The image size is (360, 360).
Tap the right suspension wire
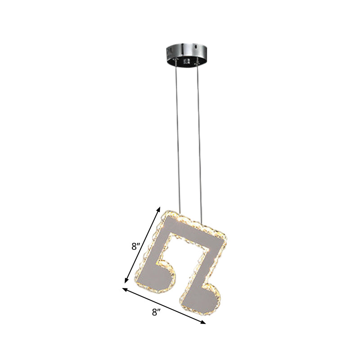point(198,135)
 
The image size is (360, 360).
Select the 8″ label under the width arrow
point(156,312)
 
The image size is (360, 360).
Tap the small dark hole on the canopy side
point(196,46)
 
